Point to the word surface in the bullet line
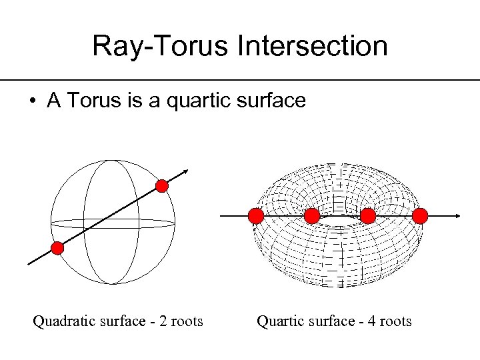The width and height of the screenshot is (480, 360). (x=269, y=101)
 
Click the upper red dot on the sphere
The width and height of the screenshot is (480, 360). (x=162, y=186)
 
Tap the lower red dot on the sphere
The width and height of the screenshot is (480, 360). (x=57, y=249)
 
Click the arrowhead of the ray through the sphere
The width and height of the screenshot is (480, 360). (x=186, y=171)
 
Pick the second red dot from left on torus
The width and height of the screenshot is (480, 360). (x=311, y=216)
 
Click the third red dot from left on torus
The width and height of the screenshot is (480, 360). (x=367, y=216)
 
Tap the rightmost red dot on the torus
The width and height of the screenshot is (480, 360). (x=420, y=216)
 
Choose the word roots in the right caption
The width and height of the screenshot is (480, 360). (x=395, y=322)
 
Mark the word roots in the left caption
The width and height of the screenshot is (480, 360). (x=186, y=322)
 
